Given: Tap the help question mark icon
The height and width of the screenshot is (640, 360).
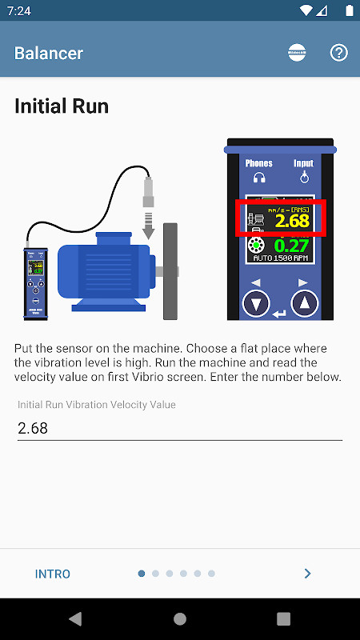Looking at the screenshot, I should coord(338,54).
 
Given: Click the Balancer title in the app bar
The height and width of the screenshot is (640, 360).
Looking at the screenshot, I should coord(49,54).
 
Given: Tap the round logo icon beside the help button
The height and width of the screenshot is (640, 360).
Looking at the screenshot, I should coord(297,54).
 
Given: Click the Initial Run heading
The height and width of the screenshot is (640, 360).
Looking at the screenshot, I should coord(62,106).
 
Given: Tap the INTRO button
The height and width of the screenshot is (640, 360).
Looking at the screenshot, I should coord(53,574).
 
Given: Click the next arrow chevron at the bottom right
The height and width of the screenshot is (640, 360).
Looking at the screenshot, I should coord(307,574).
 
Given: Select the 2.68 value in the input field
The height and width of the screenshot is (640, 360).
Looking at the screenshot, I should coord(33,428).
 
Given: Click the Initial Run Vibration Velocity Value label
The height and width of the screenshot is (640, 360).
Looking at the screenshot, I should coord(97,405).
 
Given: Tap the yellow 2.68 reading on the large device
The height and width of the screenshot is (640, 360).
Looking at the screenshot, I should coord(292,221).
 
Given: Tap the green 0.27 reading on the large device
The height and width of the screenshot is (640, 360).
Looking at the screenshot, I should coord(292,245).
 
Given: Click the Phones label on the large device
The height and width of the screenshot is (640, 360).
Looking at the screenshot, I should coord(258,163).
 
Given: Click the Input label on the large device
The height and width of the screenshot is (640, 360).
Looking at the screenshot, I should coord(304,163).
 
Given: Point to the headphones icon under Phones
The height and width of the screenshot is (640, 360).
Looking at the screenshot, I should coord(258,178).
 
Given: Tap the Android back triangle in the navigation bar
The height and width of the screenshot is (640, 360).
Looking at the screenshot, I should coord(75,618).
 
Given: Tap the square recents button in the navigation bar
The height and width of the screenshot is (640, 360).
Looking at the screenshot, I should coord(283,618).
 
